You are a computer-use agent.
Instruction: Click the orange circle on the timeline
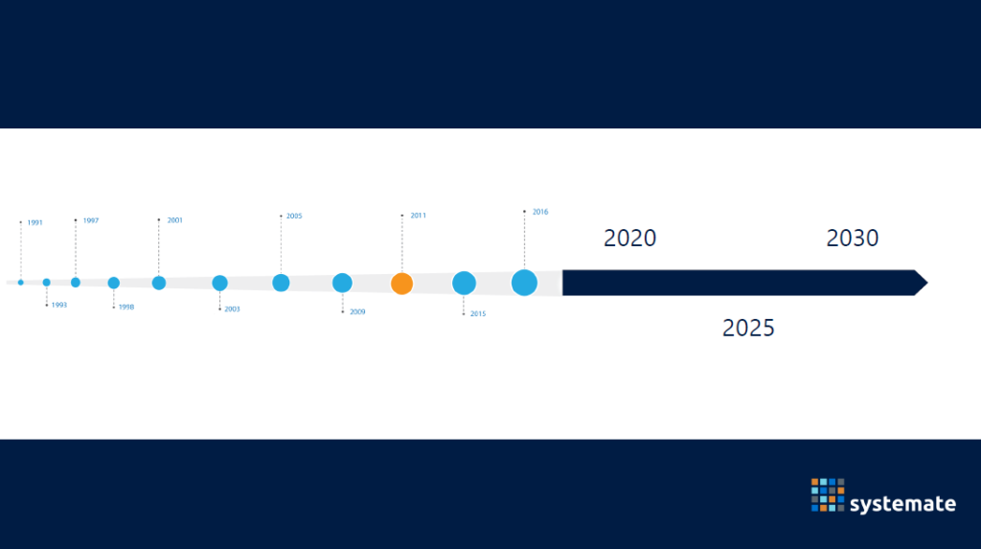click(401, 284)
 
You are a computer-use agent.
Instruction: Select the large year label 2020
click(629, 239)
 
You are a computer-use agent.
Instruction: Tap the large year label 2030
click(852, 239)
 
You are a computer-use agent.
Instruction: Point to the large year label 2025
click(748, 328)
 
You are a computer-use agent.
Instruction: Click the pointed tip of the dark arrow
click(927, 283)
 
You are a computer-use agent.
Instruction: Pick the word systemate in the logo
click(902, 504)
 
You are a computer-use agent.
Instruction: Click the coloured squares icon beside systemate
click(828, 495)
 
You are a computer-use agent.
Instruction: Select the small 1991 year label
click(35, 223)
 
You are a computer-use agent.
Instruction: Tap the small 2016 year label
click(540, 212)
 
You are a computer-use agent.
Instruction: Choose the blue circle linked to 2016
click(524, 283)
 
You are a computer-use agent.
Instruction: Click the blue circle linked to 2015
click(464, 283)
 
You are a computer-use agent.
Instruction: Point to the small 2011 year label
click(418, 216)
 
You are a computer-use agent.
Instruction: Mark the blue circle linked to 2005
click(281, 283)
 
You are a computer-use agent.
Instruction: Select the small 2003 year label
click(232, 309)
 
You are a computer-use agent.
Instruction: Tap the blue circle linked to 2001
click(159, 283)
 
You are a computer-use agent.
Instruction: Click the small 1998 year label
click(126, 308)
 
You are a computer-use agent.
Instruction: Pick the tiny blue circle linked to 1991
click(21, 283)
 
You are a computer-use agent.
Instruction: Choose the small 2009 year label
click(357, 311)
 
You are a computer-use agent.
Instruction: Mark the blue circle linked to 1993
click(46, 283)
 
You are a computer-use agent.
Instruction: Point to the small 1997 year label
click(91, 221)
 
